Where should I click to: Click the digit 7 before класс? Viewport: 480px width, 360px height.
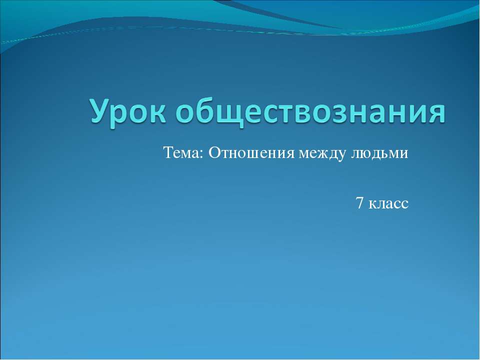359,203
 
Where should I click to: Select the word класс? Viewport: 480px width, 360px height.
389,203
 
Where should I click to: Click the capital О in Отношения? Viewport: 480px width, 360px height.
213,153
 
